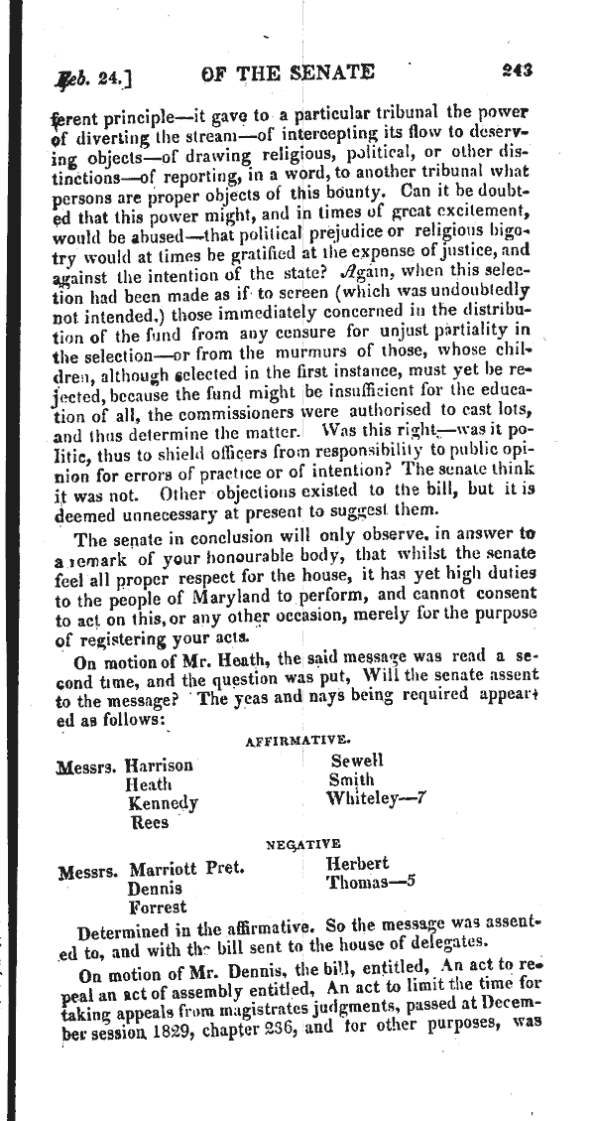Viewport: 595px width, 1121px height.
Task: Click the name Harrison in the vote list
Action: tap(160, 766)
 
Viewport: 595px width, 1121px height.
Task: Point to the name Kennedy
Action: tap(164, 803)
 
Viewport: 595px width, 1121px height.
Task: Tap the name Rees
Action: tap(149, 822)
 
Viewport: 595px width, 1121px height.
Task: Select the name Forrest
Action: tap(158, 907)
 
